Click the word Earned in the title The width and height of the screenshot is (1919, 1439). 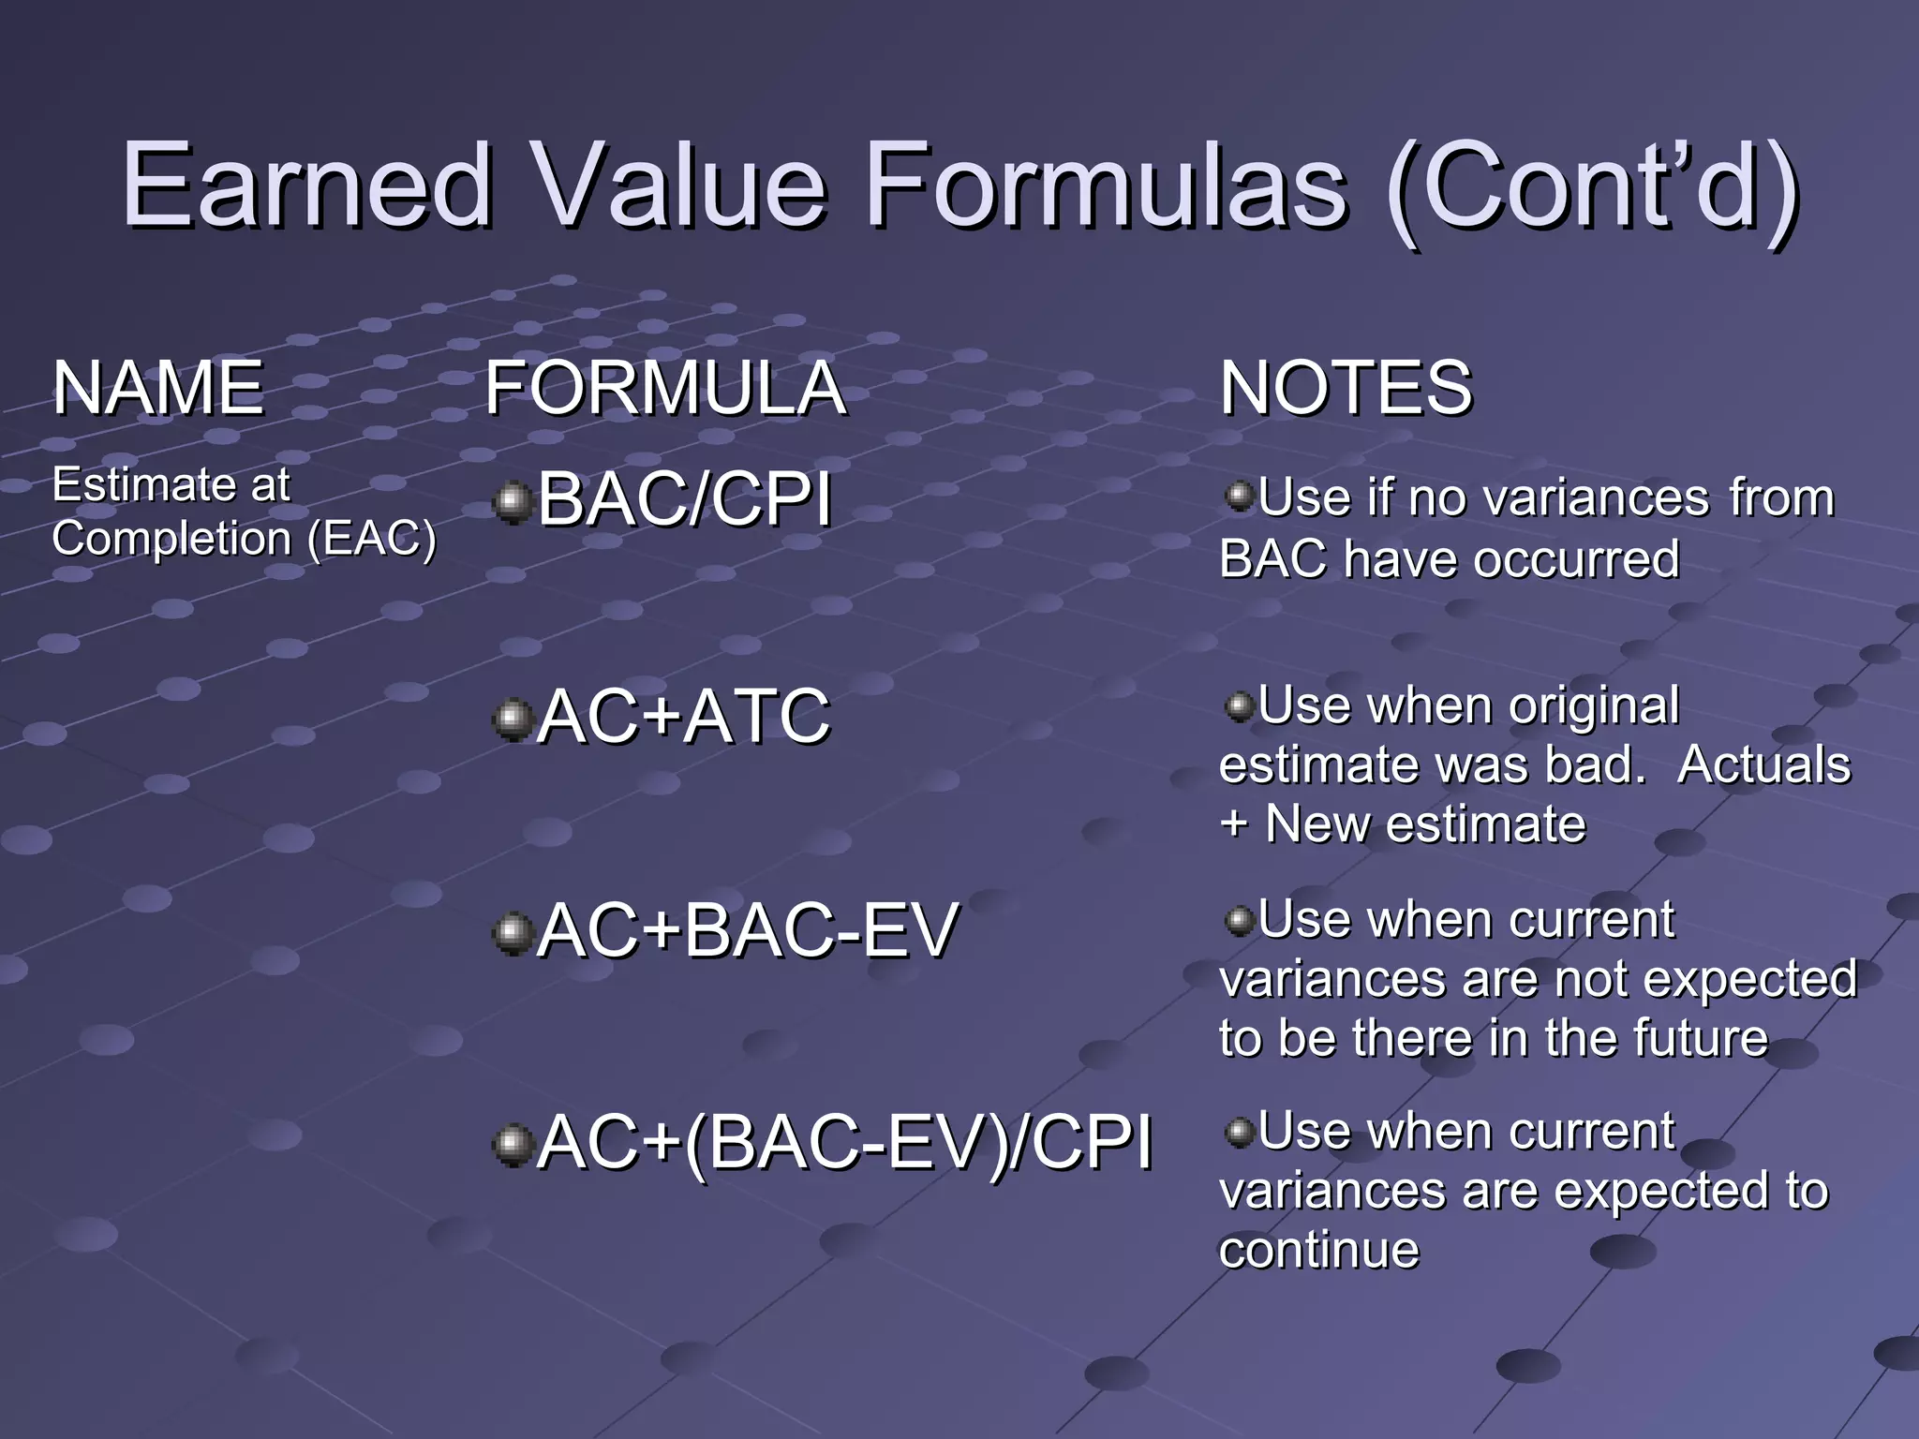click(x=307, y=185)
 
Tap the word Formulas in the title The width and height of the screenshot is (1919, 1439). click(x=1107, y=185)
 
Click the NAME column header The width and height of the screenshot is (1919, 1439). click(x=157, y=388)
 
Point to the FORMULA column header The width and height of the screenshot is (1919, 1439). click(x=665, y=388)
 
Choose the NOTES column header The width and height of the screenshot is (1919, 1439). click(x=1346, y=388)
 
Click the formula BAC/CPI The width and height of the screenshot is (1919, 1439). click(x=684, y=499)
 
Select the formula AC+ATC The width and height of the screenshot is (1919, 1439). click(x=684, y=717)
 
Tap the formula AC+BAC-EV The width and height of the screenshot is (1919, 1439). click(x=748, y=930)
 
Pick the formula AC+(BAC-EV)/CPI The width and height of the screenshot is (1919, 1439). click(x=845, y=1143)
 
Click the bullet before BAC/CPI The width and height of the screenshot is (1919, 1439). click(x=512, y=503)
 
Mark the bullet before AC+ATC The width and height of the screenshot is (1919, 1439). click(x=512, y=719)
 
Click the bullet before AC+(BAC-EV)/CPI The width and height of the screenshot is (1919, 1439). click(x=512, y=1146)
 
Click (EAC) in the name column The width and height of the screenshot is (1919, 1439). click(x=372, y=539)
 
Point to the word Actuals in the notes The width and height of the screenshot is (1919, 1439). click(x=1763, y=764)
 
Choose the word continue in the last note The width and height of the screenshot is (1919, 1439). click(x=1319, y=1251)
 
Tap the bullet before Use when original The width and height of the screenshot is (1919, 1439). click(x=1239, y=705)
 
